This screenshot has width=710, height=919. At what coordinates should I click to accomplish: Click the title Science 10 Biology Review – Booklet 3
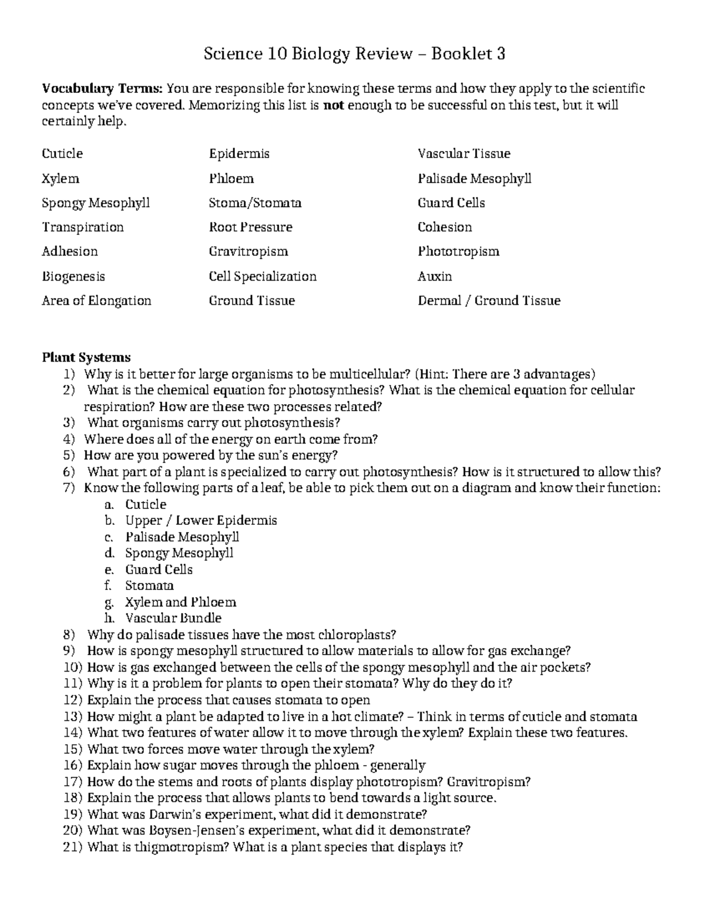point(354,54)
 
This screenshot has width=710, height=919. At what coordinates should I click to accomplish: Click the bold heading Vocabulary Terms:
point(102,89)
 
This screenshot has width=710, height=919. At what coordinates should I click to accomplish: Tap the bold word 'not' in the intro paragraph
point(334,106)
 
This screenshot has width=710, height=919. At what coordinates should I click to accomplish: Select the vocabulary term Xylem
point(60,179)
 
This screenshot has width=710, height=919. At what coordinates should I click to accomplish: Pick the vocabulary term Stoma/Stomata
point(255,203)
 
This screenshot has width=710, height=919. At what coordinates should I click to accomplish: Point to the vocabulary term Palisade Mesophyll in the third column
point(475,179)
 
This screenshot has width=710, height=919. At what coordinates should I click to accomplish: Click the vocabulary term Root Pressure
point(250,227)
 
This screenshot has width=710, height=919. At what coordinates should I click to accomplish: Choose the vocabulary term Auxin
point(435,276)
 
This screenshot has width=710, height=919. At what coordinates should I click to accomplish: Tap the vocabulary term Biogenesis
point(73,276)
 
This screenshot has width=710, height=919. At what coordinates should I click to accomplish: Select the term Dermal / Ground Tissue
point(489,301)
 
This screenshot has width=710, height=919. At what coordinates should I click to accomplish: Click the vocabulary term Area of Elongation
point(96,301)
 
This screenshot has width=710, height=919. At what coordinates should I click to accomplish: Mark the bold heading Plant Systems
point(86,357)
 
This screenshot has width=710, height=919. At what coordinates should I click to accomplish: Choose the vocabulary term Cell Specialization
point(263,276)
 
